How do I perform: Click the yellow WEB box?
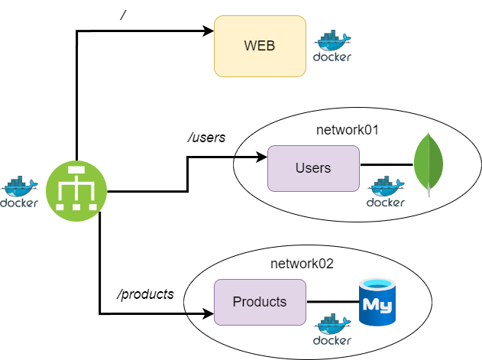coord(260,47)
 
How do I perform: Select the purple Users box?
coord(313,167)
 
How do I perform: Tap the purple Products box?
coord(260,302)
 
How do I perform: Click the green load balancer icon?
coord(76,189)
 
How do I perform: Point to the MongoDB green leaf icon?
coord(429,164)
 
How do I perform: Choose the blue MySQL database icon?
coord(377,302)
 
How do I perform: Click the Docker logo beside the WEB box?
coord(332,47)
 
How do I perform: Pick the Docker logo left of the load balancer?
coord(19,193)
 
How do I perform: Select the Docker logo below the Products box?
coord(332,329)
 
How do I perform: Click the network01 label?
coord(348,129)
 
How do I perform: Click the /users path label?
coord(206,138)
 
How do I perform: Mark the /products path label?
coord(145,294)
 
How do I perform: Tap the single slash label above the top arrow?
coord(123,15)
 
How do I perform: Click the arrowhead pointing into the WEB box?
coord(208,31)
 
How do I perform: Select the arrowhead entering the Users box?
coord(261,158)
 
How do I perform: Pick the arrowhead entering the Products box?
coord(208,313)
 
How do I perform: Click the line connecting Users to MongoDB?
coord(386,164)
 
